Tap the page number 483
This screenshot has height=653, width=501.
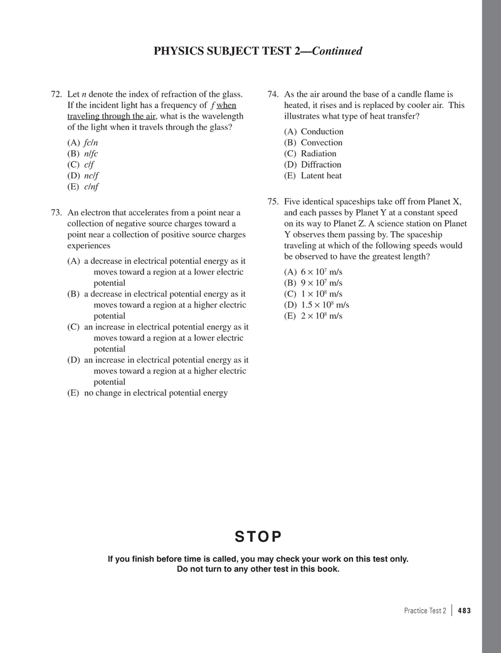465,610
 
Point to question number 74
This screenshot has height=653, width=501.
272,94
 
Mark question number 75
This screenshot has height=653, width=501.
272,202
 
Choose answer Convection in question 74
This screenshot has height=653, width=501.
322,143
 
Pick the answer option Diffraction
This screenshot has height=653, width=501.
321,165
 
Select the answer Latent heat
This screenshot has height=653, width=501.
321,176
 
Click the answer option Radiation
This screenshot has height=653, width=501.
319,154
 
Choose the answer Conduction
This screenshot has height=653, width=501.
322,132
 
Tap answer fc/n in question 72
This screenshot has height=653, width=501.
91,143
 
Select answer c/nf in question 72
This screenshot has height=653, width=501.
91,186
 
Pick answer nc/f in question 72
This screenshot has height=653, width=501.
91,176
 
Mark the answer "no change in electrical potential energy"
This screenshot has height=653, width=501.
156,393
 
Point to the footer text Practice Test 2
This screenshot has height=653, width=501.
425,610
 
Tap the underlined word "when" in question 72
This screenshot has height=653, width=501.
226,105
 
